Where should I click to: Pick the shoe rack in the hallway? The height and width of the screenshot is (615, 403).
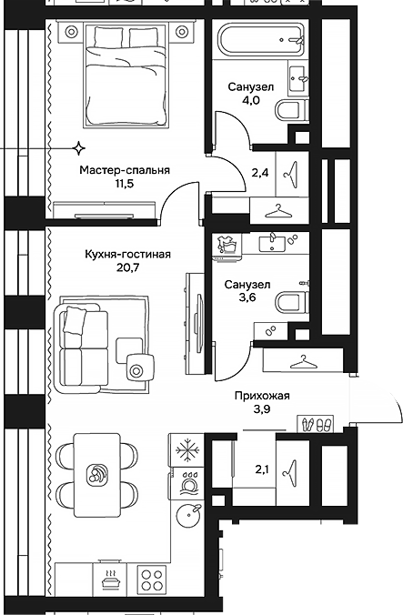point(317,422)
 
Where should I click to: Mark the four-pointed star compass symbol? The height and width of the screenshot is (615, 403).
point(79,147)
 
